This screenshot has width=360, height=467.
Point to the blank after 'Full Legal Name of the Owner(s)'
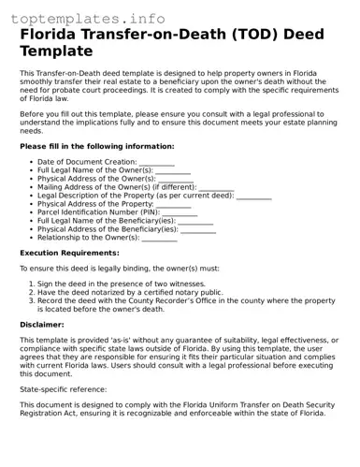click(x=174, y=172)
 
